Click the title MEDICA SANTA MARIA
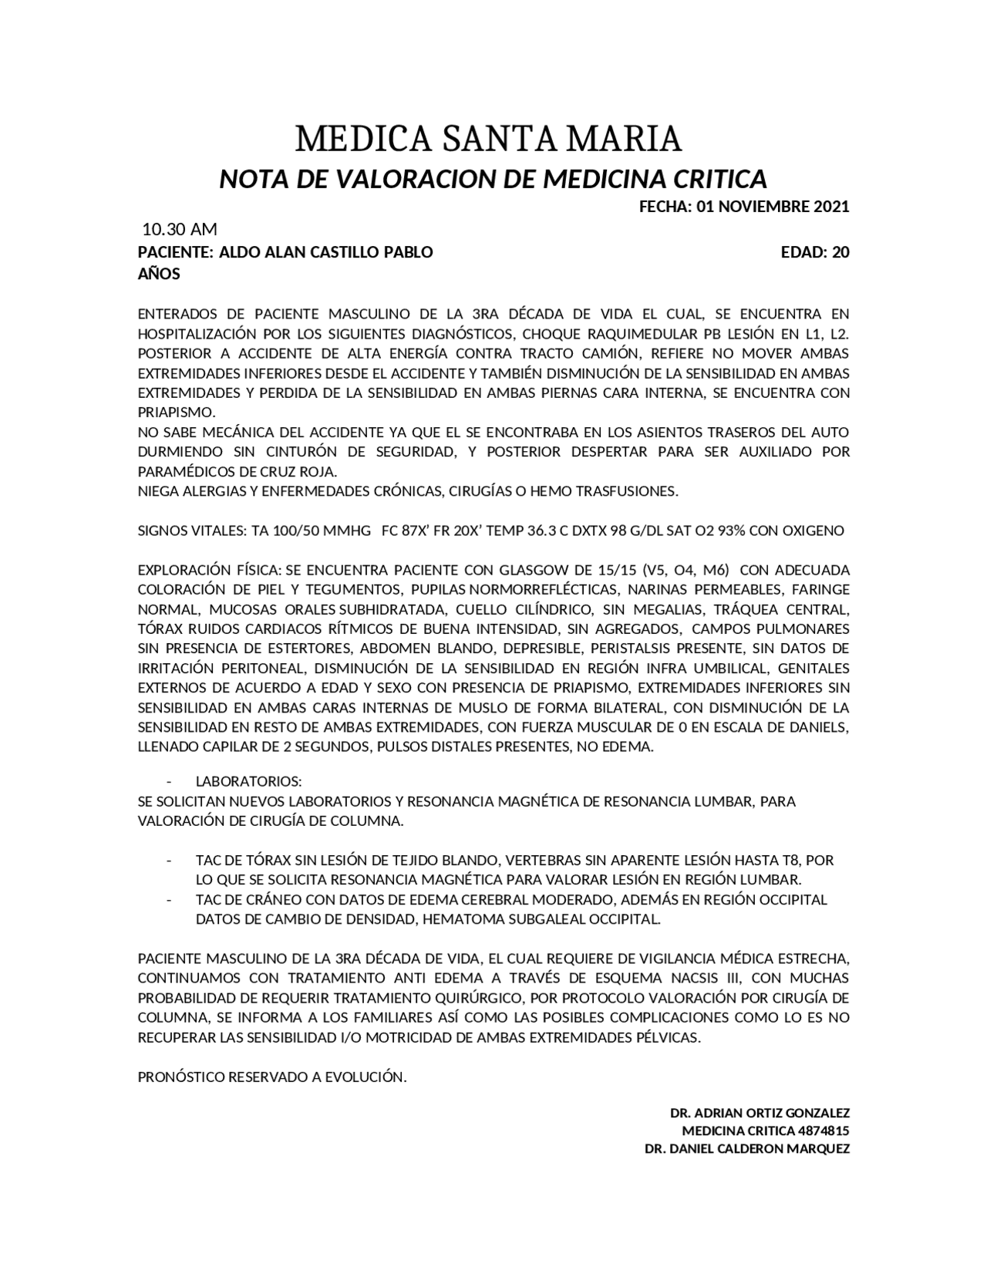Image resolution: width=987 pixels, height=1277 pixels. pos(489,139)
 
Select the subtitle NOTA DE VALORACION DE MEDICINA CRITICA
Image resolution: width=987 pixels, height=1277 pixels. pos(493,179)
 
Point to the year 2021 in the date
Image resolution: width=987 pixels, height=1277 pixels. pos(829,207)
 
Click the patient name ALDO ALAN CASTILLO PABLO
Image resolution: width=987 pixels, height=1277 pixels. pos(326,252)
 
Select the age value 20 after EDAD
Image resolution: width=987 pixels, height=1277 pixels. pos(840,252)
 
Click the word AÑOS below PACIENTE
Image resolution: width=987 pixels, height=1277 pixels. pos(159,274)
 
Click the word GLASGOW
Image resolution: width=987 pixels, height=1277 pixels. pos(534,571)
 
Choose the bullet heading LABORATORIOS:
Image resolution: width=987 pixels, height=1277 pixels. pos(248,782)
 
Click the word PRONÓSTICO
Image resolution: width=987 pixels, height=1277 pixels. pos(180,1077)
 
